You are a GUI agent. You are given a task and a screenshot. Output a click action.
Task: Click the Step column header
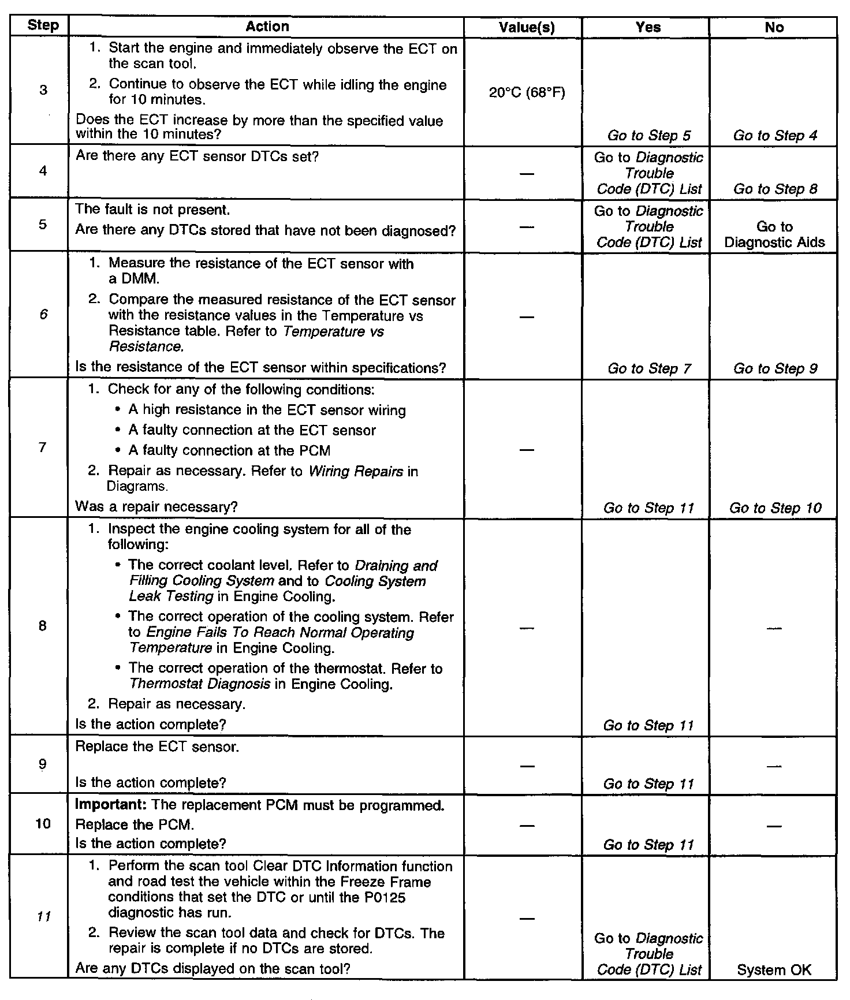[43, 26]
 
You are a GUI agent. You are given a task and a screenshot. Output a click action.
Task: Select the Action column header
[267, 27]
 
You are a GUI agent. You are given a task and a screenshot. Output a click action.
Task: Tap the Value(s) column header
[527, 27]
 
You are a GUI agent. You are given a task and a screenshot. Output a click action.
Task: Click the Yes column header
[648, 27]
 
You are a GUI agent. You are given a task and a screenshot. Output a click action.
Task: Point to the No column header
[774, 27]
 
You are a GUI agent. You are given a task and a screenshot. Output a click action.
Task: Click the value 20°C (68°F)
[527, 92]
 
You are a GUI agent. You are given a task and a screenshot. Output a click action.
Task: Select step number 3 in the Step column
[43, 90]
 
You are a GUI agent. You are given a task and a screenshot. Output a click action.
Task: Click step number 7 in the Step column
[43, 447]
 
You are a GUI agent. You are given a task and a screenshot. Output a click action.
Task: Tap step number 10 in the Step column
[43, 824]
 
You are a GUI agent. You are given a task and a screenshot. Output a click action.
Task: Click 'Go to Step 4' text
[775, 136]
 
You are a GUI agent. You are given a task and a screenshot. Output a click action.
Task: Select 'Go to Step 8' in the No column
[775, 189]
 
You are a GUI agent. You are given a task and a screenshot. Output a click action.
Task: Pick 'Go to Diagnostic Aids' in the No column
[774, 234]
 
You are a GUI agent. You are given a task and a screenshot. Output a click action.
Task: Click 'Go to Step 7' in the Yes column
[649, 368]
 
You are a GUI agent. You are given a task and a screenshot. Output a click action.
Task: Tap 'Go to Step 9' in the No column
[775, 368]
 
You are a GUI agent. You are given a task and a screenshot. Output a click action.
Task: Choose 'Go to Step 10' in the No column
[775, 508]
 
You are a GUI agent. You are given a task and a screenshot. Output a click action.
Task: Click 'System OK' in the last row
[774, 970]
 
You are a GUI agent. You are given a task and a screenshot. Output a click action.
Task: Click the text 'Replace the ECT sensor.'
[157, 747]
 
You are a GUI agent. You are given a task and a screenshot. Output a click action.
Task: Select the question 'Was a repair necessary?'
[156, 507]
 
